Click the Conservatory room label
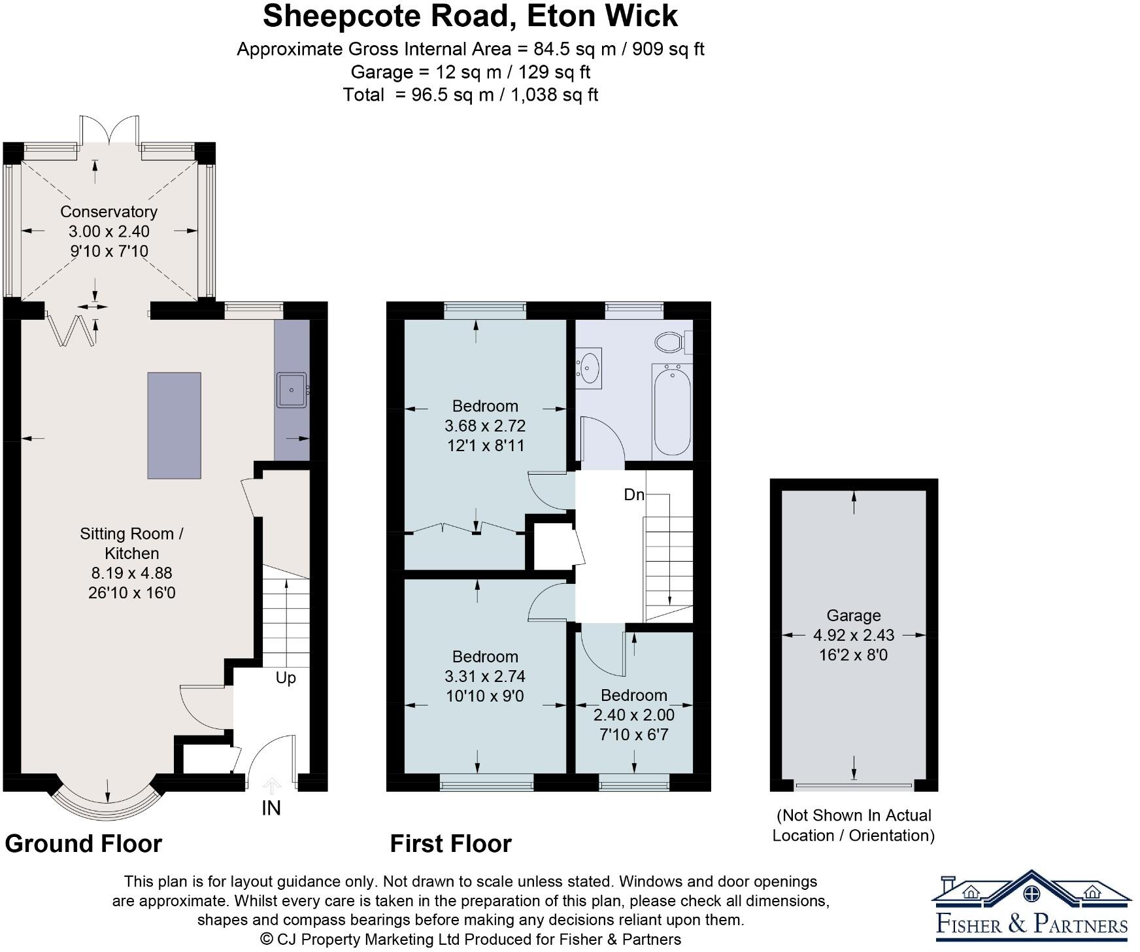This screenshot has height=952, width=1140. point(109,212)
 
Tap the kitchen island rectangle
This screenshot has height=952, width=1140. point(174,426)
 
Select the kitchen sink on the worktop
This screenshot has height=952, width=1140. point(292,390)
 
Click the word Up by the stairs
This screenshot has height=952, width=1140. point(286,678)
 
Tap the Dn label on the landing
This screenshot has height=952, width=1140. point(633,495)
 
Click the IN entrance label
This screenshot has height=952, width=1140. point(271,808)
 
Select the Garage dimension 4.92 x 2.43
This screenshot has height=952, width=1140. point(853,635)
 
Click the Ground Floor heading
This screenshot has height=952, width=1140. point(84,843)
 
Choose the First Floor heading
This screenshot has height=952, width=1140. point(450,843)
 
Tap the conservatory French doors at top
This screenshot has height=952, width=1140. point(109,130)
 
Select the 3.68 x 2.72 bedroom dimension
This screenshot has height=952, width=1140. point(485,426)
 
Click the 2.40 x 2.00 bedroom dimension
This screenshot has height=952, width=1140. point(633,715)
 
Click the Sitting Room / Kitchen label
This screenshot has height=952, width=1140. point(131,543)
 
